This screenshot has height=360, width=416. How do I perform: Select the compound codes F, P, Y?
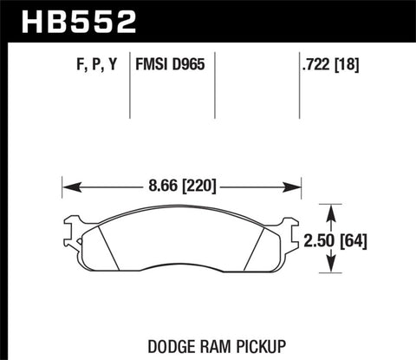coord(89,62)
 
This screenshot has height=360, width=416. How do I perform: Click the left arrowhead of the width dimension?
coord(68,185)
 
